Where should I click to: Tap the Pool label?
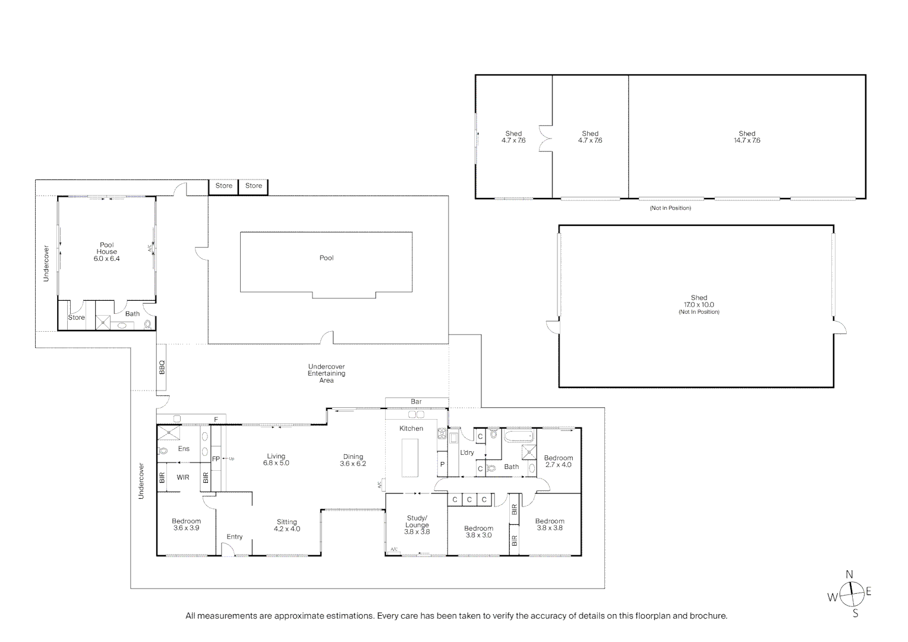[x=326, y=258]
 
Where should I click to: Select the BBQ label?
[x=162, y=367]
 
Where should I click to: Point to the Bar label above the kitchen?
[x=416, y=401]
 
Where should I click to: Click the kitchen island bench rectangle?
[x=410, y=458]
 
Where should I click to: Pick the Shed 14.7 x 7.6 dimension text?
[x=747, y=140]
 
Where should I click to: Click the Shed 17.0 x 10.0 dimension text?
[x=699, y=304]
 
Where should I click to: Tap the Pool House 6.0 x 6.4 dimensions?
[x=106, y=259]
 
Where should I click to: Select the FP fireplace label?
[x=216, y=459]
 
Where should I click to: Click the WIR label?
[x=183, y=477]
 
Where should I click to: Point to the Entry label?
[x=234, y=537]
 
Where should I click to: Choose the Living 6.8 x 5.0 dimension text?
[x=276, y=462]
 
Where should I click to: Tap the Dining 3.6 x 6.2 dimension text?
[x=352, y=464]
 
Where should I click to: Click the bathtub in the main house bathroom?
[x=519, y=436]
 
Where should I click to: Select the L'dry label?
[x=467, y=452]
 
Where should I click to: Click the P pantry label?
[x=442, y=464]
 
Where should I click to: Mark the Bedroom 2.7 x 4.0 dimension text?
[x=558, y=465]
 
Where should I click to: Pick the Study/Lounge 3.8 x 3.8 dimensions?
[x=417, y=531]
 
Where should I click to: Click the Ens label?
[x=184, y=449]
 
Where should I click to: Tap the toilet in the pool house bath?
[x=147, y=324]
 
